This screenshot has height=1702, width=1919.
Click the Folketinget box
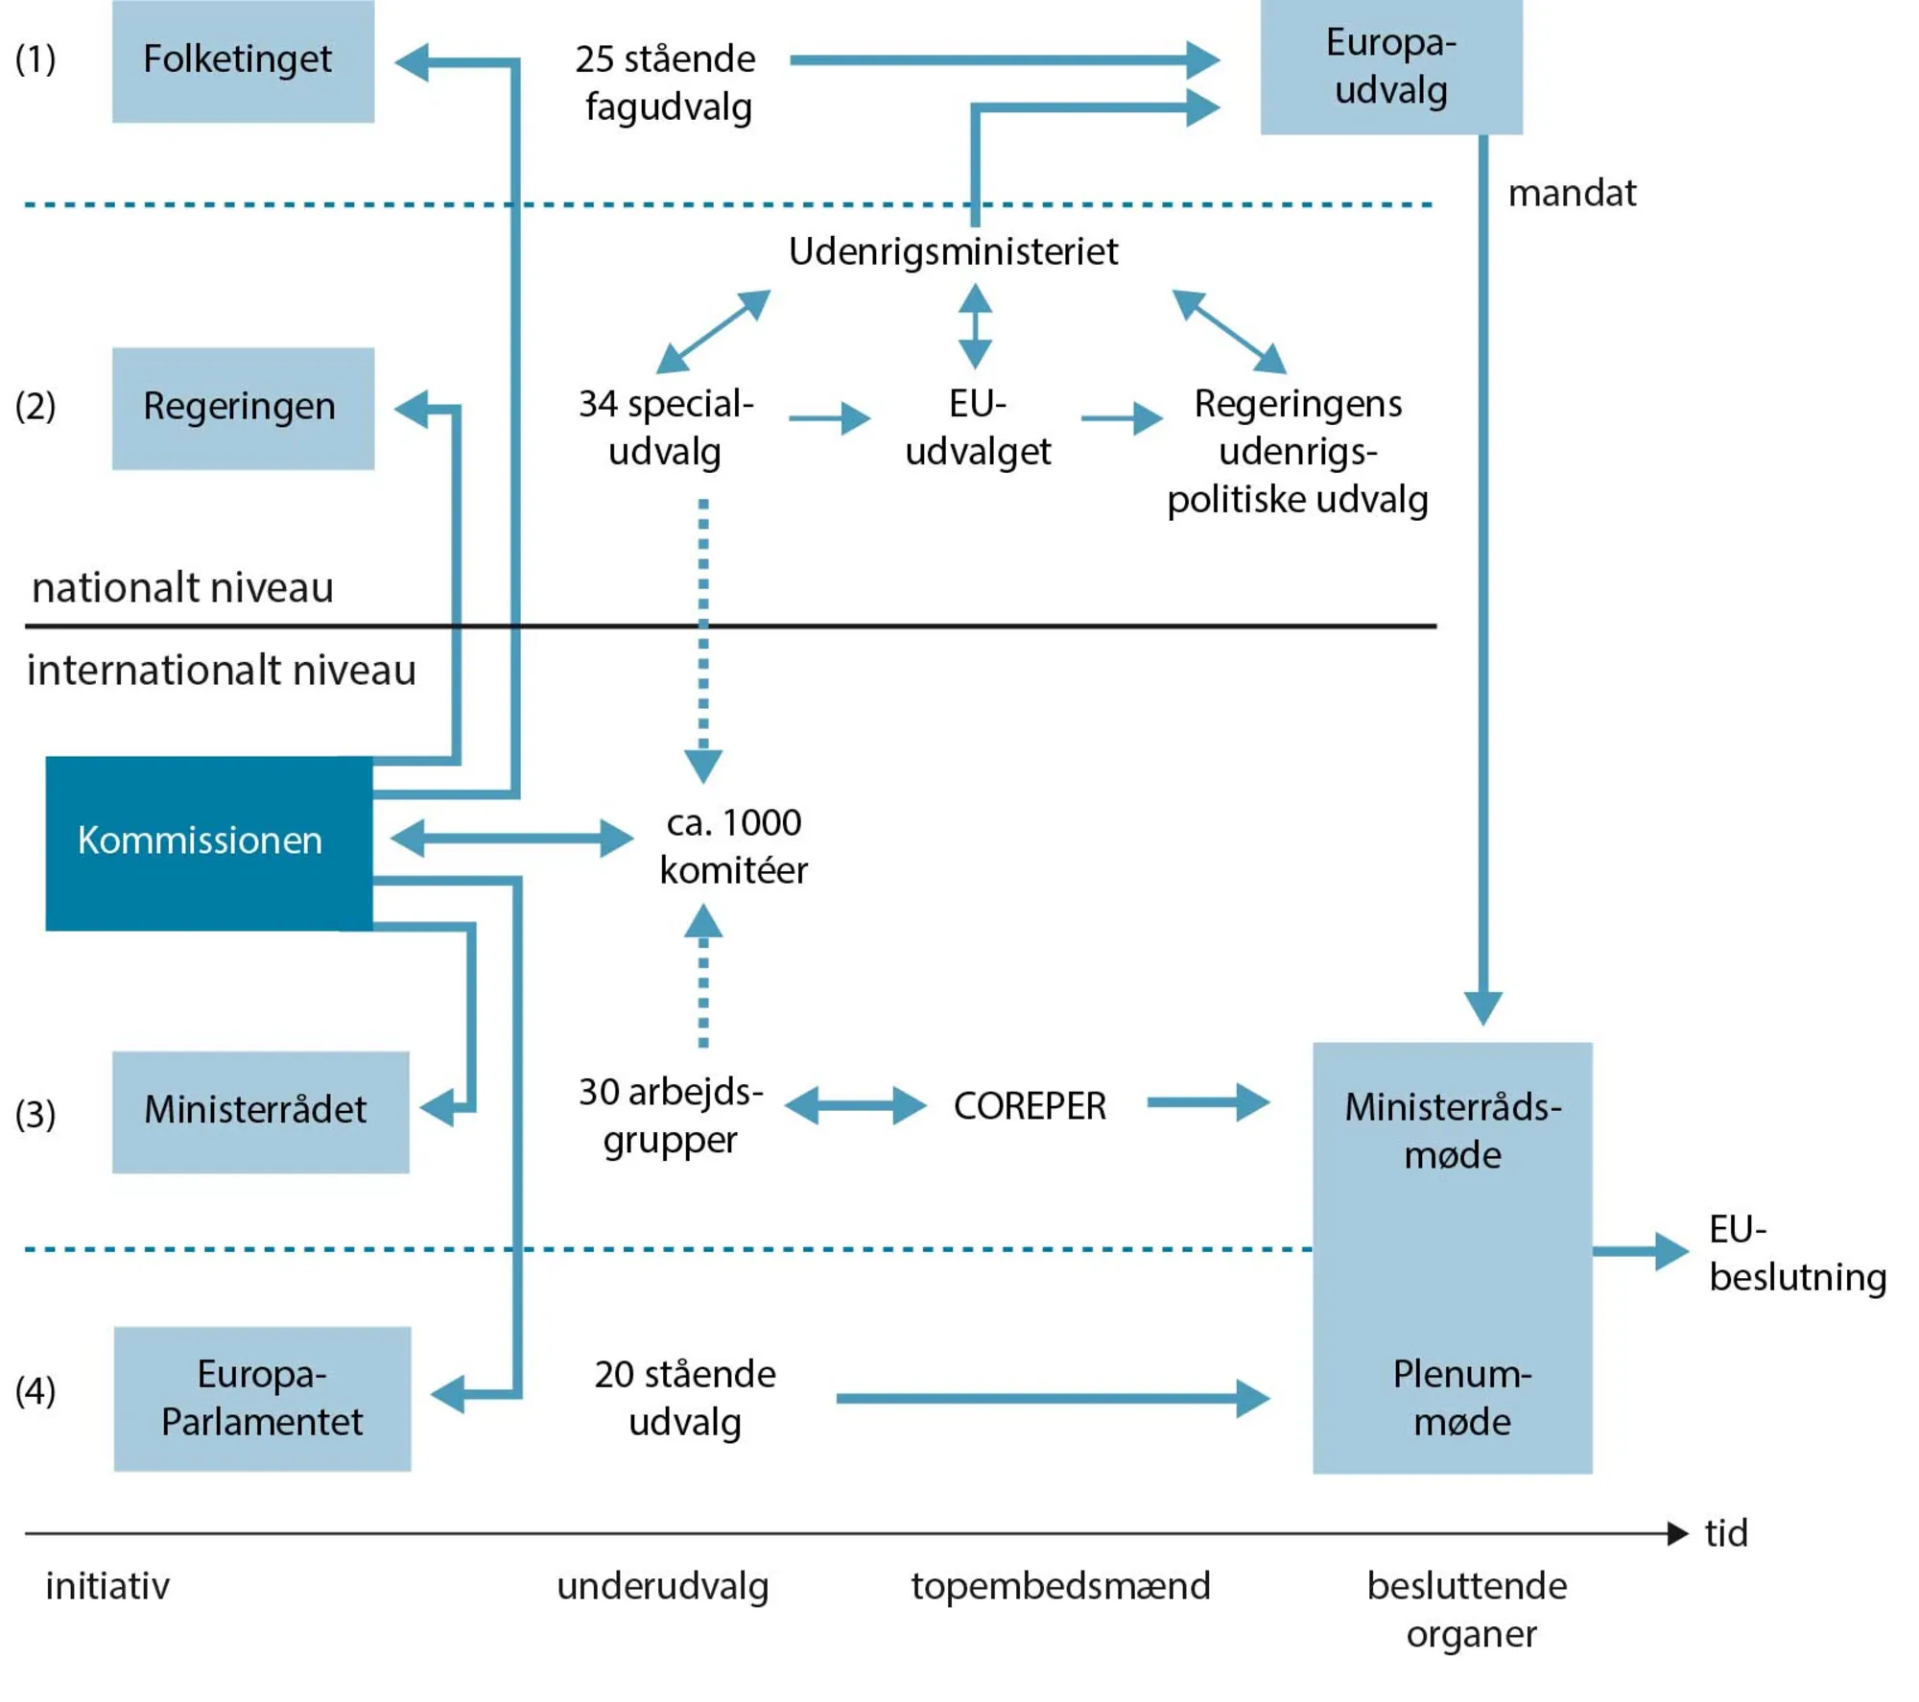point(243,60)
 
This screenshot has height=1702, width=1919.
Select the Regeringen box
point(243,408)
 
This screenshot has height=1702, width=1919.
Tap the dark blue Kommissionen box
point(209,842)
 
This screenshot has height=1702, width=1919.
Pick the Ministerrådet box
point(260,1111)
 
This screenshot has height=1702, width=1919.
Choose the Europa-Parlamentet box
point(262,1398)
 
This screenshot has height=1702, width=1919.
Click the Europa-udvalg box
point(1390,66)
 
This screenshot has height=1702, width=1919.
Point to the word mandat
point(1572,194)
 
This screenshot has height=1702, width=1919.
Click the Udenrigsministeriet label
point(953,252)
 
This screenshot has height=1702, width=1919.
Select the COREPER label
point(1030,1106)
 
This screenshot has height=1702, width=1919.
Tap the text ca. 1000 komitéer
point(734,846)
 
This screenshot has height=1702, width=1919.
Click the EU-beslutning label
point(1796,1253)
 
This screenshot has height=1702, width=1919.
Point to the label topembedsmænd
point(1060,1586)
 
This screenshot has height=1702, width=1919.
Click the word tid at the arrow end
point(1725,1533)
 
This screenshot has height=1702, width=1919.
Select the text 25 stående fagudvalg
point(666,83)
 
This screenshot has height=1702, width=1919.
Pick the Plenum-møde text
point(1461,1398)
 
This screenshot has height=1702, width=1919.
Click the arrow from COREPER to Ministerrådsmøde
point(1207,1102)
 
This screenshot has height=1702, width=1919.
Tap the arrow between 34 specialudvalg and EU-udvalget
point(829,418)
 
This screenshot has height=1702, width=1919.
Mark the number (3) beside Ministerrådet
point(36,1114)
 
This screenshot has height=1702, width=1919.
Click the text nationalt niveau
point(182,587)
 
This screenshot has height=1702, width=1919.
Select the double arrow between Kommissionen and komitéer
point(511,839)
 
